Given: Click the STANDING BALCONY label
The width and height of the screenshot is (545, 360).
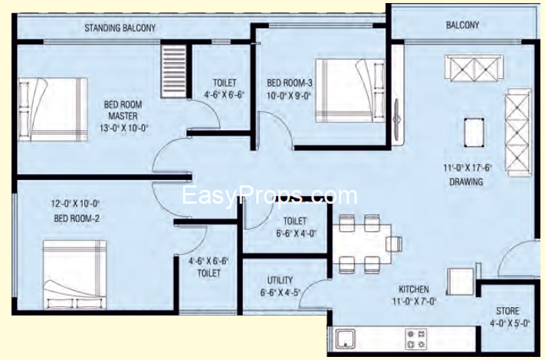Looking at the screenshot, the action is coord(120,28).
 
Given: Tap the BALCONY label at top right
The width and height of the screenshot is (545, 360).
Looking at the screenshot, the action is coord(462,25).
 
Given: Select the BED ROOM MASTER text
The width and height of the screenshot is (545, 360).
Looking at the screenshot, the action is coord(123,110).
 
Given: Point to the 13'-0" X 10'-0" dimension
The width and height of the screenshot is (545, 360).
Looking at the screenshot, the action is coord(124,128).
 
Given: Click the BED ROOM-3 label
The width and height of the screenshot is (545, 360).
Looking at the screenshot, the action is coord(290,83).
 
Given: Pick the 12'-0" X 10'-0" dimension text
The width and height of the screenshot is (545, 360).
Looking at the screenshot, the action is coord(75,204).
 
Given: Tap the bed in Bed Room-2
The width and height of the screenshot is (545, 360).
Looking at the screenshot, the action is coord(74,274).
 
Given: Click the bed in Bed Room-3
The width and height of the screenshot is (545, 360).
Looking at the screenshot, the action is coord(350,90).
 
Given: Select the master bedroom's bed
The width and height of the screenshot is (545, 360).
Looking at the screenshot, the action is coord(52,110).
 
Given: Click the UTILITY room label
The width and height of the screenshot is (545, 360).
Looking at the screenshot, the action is coord(280,280).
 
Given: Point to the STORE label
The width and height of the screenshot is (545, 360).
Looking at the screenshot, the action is coord(507,311).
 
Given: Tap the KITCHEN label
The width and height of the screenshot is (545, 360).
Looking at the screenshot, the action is coord(414,290).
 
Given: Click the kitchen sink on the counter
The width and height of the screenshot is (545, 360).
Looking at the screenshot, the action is coord(346,339).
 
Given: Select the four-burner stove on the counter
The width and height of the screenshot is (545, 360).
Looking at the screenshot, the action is coord(416,339).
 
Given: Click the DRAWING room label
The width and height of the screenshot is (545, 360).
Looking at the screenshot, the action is coord(466,182).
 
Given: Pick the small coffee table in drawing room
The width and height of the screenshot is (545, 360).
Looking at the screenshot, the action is coord(474,133).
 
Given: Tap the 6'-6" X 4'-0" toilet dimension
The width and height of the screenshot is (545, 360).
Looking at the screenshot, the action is coord(297,234).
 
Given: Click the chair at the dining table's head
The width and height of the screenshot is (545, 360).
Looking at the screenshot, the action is coord(394,244).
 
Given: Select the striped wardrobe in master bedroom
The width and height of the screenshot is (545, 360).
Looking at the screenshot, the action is coord(174,72).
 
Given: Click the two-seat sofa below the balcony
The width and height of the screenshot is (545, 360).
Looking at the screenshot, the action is coord(474,67).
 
